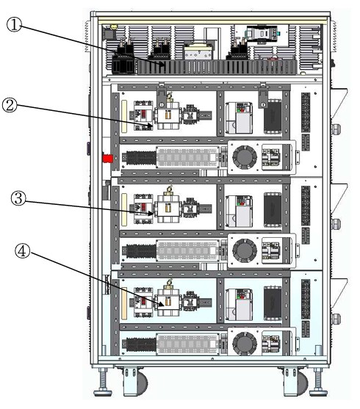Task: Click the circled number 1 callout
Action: [x=14, y=25]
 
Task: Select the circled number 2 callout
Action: [x=10, y=105]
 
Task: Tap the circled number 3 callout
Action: [x=18, y=198]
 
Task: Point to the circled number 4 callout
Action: [x=22, y=252]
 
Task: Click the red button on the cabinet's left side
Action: [x=107, y=159]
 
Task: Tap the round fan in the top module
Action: [x=245, y=157]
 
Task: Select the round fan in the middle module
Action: [x=245, y=250]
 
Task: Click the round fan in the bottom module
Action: [x=245, y=344]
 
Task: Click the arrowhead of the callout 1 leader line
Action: [x=163, y=65]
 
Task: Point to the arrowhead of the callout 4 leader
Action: [x=162, y=304]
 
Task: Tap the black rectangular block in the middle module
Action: [x=273, y=210]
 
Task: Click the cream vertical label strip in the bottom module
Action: [x=124, y=303]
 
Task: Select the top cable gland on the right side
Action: [x=336, y=129]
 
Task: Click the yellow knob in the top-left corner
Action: [x=114, y=27]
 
